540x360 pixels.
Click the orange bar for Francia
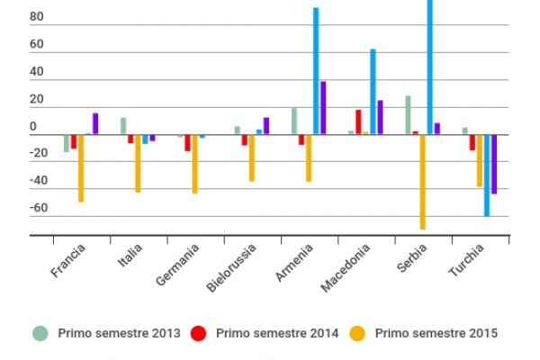pyautogui.click(x=81, y=168)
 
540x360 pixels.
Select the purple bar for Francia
pyautogui.click(x=95, y=124)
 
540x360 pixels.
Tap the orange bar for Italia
pyautogui.click(x=138, y=164)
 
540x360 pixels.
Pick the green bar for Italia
pyautogui.click(x=123, y=126)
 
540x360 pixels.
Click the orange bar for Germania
pyautogui.click(x=194, y=164)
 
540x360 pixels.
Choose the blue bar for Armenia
pyautogui.click(x=316, y=71)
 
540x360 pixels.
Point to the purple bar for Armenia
pyautogui.click(x=323, y=108)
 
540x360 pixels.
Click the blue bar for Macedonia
pyautogui.click(x=373, y=92)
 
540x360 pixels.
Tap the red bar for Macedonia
pyautogui.click(x=358, y=122)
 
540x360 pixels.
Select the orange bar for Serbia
pyautogui.click(x=422, y=182)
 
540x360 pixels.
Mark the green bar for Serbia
pyautogui.click(x=408, y=115)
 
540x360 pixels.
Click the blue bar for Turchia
pyautogui.click(x=487, y=175)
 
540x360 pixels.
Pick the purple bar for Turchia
pyautogui.click(x=494, y=164)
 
